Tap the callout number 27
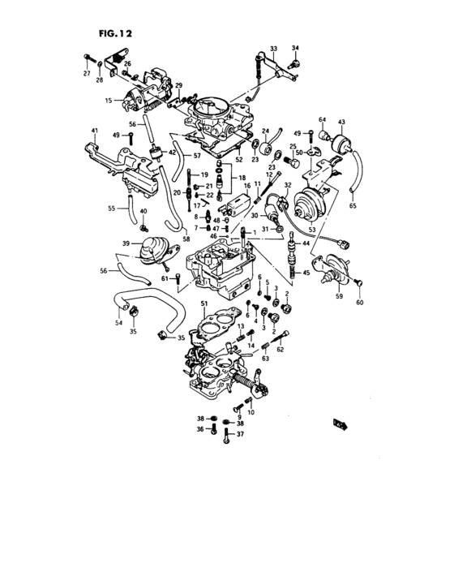pyautogui.click(x=86, y=74)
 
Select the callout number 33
pyautogui.click(x=273, y=49)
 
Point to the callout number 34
pyautogui.click(x=296, y=49)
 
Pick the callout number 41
pyautogui.click(x=95, y=131)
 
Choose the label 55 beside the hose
pyautogui.click(x=112, y=209)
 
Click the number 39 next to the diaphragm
pyautogui.click(x=126, y=243)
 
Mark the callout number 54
pyautogui.click(x=119, y=322)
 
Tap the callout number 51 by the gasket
pyautogui.click(x=204, y=303)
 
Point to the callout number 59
pyautogui.click(x=339, y=297)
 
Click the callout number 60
pyautogui.click(x=361, y=303)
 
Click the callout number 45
pyautogui.click(x=306, y=273)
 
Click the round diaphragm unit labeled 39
pyautogui.click(x=150, y=248)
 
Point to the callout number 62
pyautogui.click(x=280, y=350)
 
